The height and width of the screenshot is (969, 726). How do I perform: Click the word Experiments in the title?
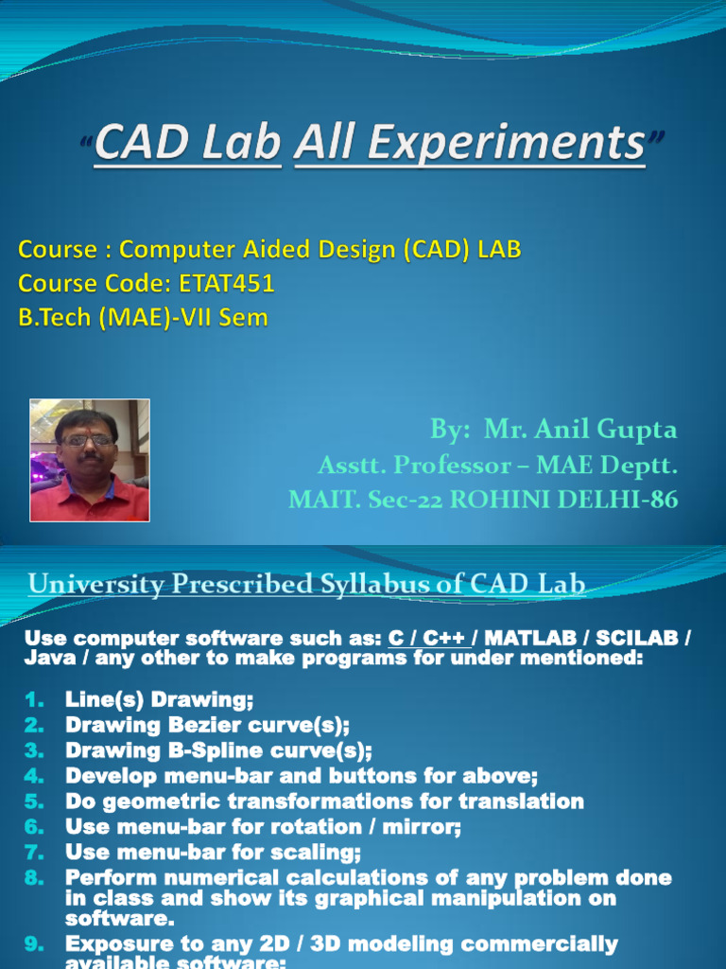click(x=470, y=145)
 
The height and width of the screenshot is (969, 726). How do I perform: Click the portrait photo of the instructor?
click(x=90, y=460)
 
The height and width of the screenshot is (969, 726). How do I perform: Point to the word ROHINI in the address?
click(x=499, y=500)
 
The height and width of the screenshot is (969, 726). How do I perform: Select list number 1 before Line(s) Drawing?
click(x=34, y=700)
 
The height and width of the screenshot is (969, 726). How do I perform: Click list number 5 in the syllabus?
click(x=34, y=802)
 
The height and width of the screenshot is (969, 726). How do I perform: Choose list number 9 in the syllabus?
click(x=34, y=944)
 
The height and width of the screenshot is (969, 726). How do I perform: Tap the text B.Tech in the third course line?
click(x=53, y=318)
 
